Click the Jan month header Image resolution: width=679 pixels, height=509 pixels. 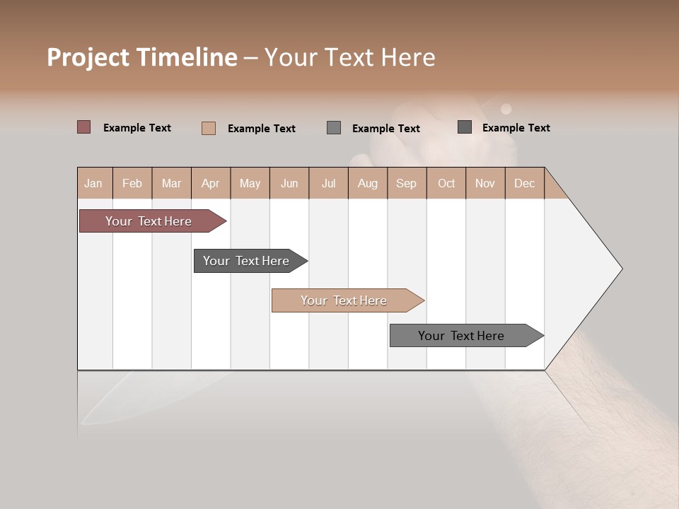point(94,183)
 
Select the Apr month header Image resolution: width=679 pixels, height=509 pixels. point(211,183)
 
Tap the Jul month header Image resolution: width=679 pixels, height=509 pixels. point(328,183)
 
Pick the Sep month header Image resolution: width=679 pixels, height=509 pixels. point(406,183)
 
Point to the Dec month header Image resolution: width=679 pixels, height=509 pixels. point(524,183)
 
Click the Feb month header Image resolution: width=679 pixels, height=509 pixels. point(132,183)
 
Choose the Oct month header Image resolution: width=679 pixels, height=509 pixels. point(446,183)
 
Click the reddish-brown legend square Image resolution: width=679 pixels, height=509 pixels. point(83,127)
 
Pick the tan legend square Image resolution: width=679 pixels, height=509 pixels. point(208,128)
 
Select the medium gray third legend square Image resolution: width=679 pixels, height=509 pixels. point(334,128)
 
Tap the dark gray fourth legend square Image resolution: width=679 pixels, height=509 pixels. point(464,127)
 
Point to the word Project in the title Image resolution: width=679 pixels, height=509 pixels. point(88,57)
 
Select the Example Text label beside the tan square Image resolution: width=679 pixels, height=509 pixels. point(262,129)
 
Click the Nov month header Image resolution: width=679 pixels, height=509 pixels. point(485,183)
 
